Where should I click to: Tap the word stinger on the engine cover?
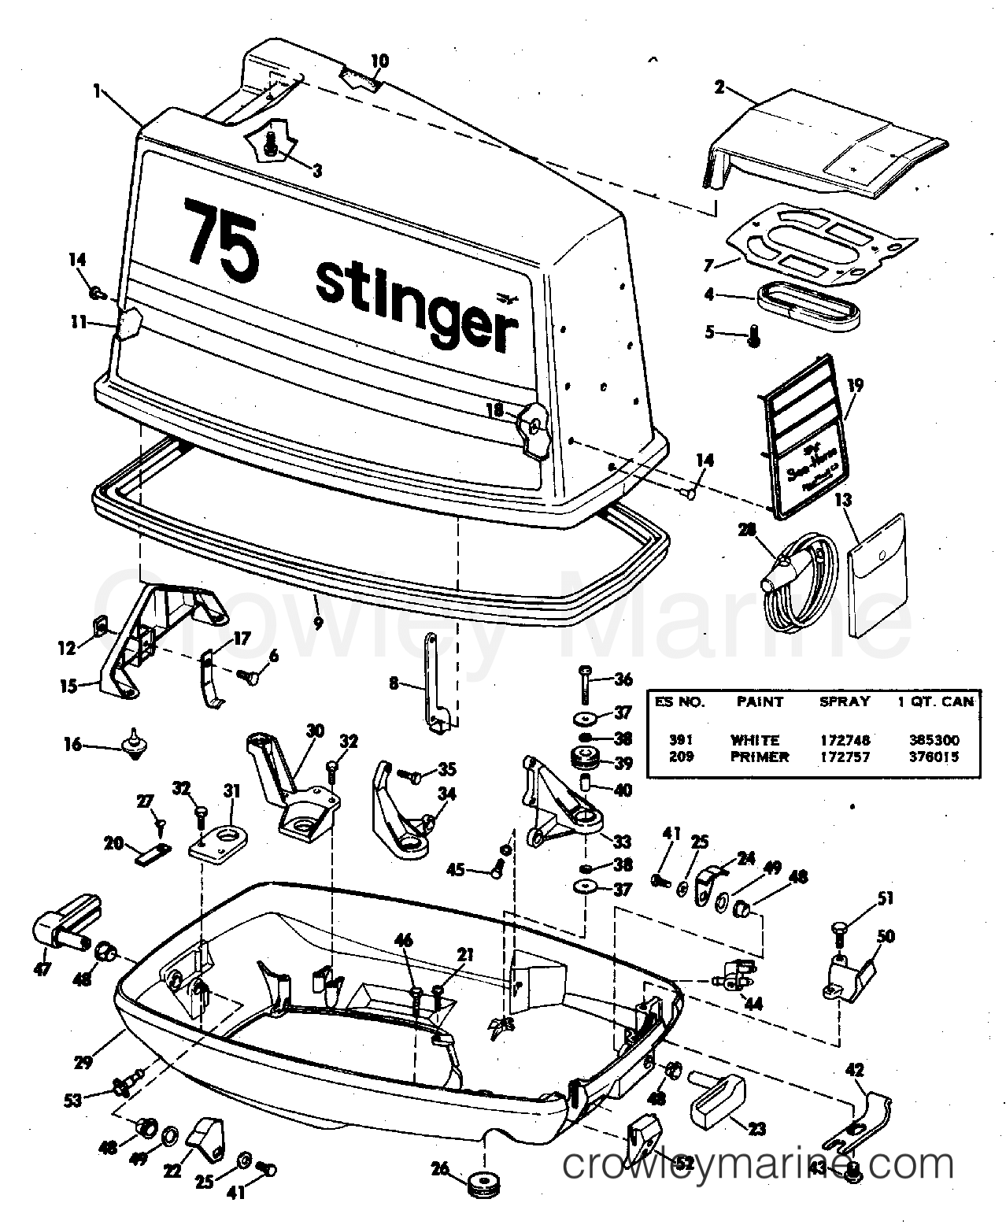click(416, 307)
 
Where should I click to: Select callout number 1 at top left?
click(98, 91)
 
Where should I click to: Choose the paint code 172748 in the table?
click(845, 740)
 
